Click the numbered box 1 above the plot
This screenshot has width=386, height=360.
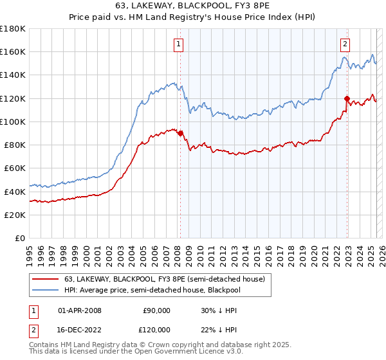(x=178, y=44)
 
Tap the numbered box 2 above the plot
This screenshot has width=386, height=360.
(x=345, y=44)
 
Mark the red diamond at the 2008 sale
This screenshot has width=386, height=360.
(x=180, y=134)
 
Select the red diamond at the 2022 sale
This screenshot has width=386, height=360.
(x=347, y=98)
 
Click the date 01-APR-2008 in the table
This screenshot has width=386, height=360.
(x=80, y=310)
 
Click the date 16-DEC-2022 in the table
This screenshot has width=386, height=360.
(x=80, y=329)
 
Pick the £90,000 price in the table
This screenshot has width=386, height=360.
(x=155, y=310)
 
